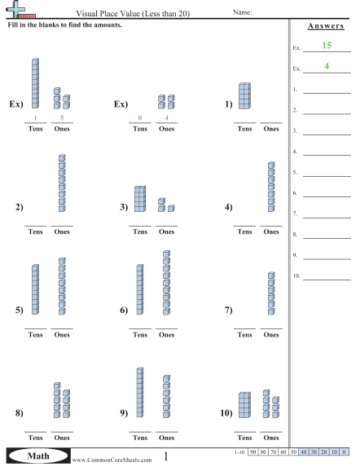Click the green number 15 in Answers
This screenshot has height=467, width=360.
327,46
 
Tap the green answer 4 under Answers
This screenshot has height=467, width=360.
327,66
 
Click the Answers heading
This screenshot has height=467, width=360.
326,26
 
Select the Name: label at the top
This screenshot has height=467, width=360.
243,12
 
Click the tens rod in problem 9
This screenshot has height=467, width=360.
140,392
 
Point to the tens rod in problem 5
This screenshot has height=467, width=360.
35,289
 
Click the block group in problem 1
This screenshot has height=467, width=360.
244,96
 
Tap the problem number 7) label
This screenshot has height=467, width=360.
229,310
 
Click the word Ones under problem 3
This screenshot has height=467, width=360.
166,231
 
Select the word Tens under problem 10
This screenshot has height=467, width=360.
244,438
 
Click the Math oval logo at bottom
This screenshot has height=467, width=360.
38,456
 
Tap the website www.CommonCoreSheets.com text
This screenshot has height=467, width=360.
112,460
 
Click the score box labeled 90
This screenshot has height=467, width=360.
252,452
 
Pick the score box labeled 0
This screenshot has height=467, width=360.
344,452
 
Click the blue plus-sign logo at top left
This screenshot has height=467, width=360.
15,9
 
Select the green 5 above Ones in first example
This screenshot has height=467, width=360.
62,117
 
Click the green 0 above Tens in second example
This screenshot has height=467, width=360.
140,117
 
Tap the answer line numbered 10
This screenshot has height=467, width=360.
327,280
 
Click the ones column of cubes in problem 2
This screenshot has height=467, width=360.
62,183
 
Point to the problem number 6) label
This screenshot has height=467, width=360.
124,310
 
